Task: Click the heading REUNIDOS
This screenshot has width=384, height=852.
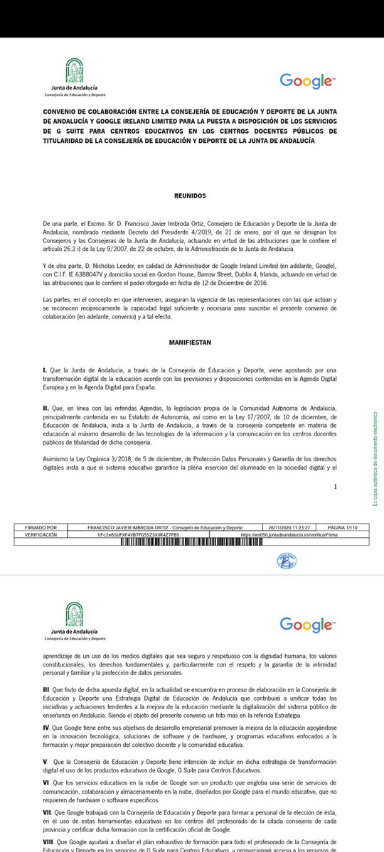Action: coord(190,195)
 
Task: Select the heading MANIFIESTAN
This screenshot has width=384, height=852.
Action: coord(190,342)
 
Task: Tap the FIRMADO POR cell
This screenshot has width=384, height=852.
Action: coord(41,528)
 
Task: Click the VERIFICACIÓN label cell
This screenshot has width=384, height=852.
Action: coord(41,534)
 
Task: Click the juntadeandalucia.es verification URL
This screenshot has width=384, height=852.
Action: coord(289,534)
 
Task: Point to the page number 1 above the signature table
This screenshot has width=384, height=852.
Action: coord(335,487)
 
